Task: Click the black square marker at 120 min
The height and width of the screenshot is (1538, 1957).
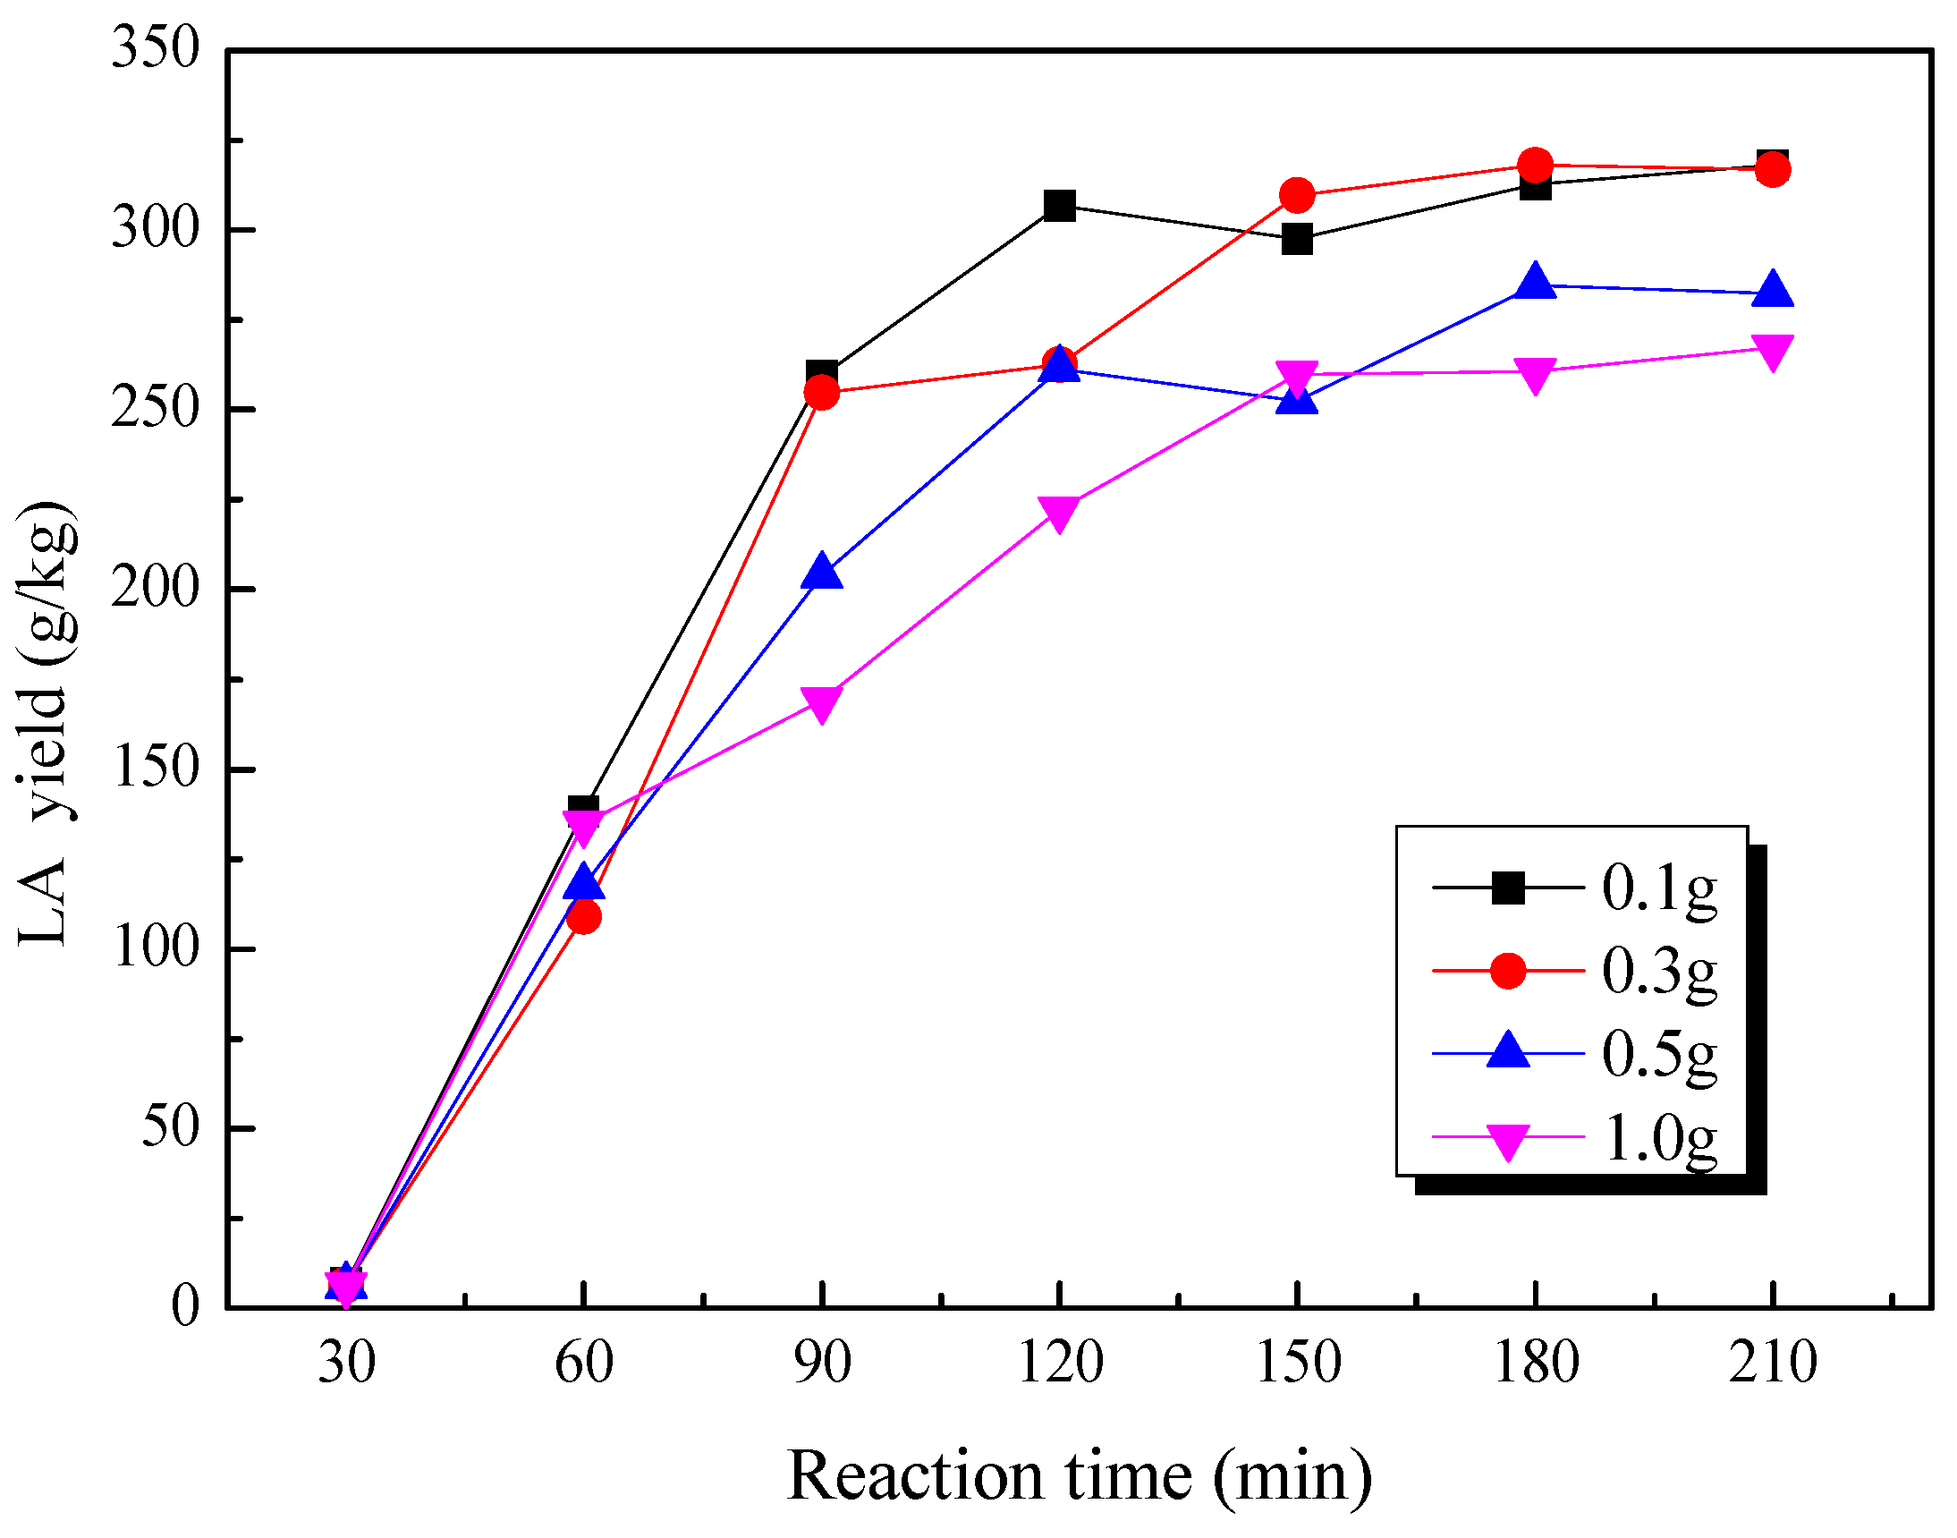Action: click(1060, 206)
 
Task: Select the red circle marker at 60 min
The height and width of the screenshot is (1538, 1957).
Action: click(584, 917)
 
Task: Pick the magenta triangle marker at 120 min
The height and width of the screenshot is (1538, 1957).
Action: click(1060, 512)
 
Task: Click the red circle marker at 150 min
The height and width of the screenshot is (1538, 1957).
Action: click(1297, 194)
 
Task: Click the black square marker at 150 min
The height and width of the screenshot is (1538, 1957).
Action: click(1297, 240)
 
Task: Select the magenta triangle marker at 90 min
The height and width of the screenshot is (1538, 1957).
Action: click(822, 703)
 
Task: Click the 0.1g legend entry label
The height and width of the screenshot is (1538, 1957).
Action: click(1659, 888)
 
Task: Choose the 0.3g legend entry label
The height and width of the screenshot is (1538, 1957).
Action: click(1659, 972)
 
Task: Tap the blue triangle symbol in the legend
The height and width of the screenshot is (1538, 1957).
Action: click(1508, 1052)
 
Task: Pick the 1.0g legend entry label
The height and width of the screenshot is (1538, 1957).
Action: click(1659, 1138)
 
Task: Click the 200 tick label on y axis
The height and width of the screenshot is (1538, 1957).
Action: click(154, 589)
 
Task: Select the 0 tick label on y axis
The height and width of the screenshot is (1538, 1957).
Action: click(184, 1305)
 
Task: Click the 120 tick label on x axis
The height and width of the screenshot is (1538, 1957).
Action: click(1060, 1363)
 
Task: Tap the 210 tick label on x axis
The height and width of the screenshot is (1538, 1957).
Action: click(1773, 1363)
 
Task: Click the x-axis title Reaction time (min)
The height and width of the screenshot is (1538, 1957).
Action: click(1080, 1477)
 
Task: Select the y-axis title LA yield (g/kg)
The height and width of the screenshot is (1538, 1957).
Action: click(45, 723)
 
